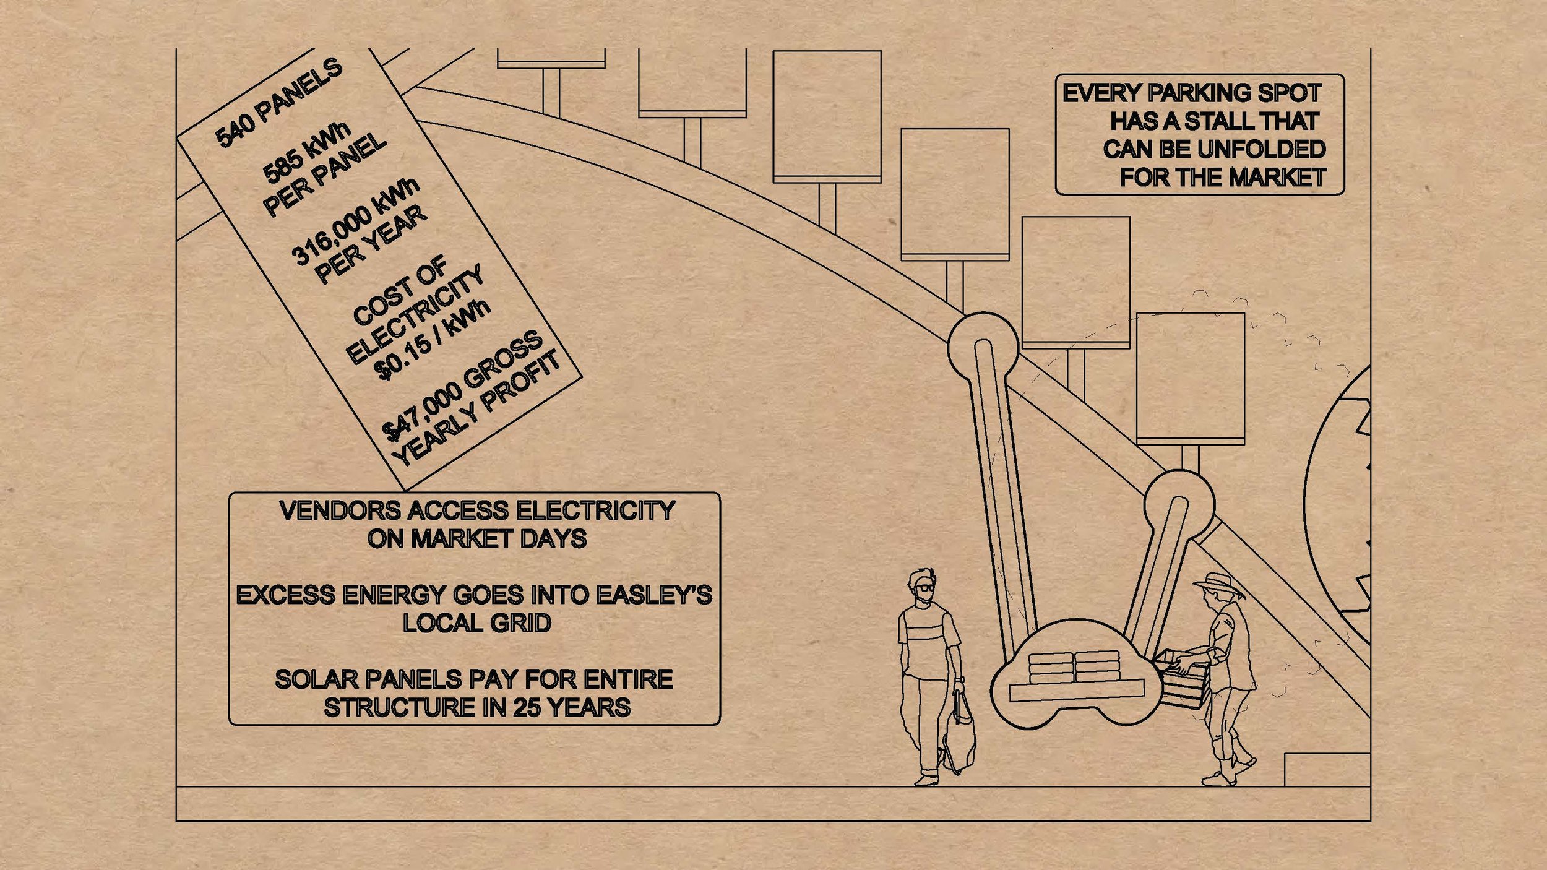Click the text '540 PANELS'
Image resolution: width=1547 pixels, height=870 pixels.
278,103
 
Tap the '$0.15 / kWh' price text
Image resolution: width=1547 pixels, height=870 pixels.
435,340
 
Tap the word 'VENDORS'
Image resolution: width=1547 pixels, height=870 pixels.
340,511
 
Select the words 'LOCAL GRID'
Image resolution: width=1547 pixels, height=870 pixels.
476,623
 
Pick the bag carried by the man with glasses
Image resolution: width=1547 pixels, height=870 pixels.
959,734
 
